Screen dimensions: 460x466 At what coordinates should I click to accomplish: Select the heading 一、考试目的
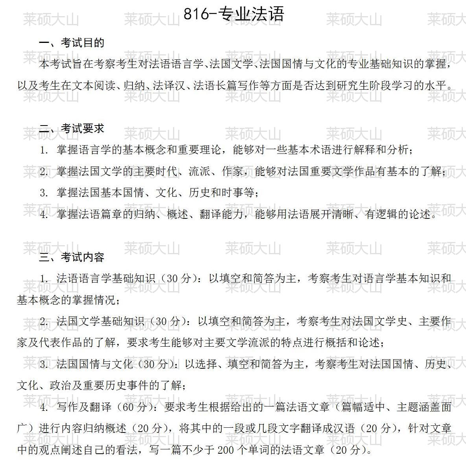tap(72, 43)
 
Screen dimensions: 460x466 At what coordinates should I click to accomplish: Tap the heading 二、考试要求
tap(72, 128)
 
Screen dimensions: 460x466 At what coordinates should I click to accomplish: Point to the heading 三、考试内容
tap(72, 257)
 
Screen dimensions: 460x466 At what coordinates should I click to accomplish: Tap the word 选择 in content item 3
tap(206, 364)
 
